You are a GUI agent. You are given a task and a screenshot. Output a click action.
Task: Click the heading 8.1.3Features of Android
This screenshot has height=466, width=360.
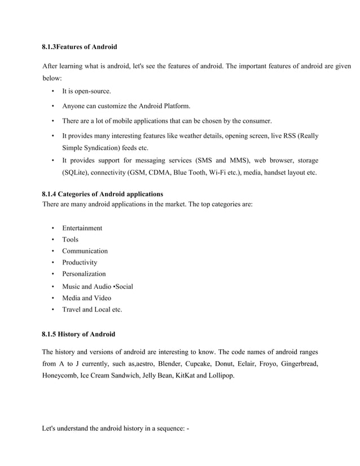click(80, 46)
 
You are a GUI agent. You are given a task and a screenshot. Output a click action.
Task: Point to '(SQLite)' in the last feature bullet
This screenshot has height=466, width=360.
click(77, 173)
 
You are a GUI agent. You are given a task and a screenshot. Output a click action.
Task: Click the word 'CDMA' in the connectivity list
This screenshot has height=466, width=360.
click(168, 173)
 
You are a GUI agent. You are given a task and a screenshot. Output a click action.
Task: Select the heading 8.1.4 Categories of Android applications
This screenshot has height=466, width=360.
click(103, 194)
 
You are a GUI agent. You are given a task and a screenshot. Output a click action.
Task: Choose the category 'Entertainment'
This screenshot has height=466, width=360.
click(82, 228)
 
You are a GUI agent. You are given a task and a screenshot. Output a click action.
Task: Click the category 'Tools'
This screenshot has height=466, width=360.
click(71, 240)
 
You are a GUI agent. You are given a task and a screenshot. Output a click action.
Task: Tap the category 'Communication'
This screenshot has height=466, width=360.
click(85, 251)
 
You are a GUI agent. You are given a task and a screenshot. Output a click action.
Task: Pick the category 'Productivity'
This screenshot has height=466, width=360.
click(80, 263)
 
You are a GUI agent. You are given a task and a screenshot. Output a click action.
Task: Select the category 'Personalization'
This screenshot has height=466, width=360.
click(84, 274)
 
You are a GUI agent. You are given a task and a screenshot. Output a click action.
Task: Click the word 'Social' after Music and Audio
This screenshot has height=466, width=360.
click(123, 287)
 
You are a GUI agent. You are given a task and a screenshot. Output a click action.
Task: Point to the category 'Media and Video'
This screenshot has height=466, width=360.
click(87, 298)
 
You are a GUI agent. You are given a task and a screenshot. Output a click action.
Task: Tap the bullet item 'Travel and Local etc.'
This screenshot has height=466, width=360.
click(92, 310)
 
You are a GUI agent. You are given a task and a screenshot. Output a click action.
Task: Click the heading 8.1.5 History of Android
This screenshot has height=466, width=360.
click(78, 335)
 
